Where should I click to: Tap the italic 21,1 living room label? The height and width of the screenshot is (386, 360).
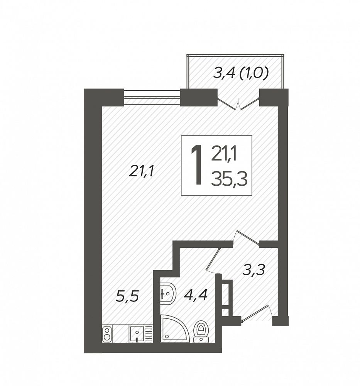click(141, 171)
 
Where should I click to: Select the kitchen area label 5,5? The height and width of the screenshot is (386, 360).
click(127, 296)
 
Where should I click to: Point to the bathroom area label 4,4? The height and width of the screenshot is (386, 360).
click(196, 295)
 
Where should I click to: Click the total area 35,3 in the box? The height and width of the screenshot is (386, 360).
click(229, 179)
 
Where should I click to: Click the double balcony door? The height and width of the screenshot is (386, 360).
click(238, 103)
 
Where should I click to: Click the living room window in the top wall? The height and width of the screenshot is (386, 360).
click(152, 97)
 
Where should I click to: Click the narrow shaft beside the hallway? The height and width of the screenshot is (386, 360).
click(227, 298)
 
